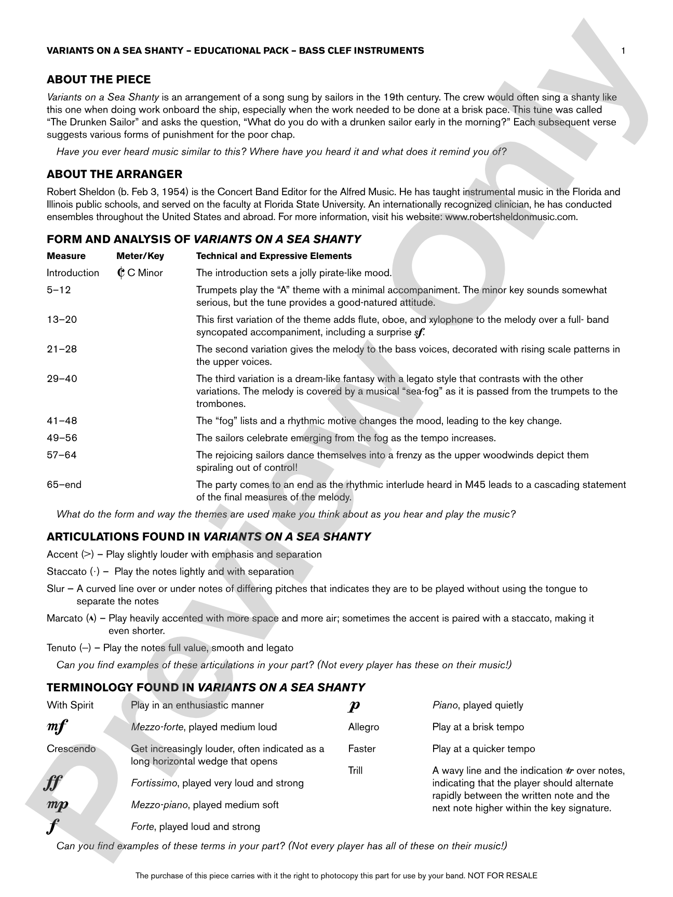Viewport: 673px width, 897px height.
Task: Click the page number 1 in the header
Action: tap(623, 50)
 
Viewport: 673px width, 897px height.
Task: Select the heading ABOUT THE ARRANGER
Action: tap(114, 174)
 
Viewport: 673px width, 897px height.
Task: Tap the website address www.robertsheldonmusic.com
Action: tap(511, 217)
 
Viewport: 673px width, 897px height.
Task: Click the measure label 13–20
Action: tap(62, 320)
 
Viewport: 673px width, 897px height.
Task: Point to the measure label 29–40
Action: tap(62, 379)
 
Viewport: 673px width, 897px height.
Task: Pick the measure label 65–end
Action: tap(64, 485)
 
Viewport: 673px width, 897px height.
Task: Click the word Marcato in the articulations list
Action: tap(64, 618)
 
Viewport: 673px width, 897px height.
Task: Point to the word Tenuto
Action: tap(61, 648)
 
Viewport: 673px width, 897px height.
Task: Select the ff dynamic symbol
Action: tap(53, 783)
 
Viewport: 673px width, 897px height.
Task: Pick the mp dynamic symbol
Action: tap(57, 805)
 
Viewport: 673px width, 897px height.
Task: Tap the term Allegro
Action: tap(364, 727)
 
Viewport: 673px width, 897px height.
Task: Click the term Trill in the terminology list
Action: tap(355, 771)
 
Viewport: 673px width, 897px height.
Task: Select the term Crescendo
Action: tap(71, 749)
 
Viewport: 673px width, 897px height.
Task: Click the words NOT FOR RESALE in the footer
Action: tap(502, 876)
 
